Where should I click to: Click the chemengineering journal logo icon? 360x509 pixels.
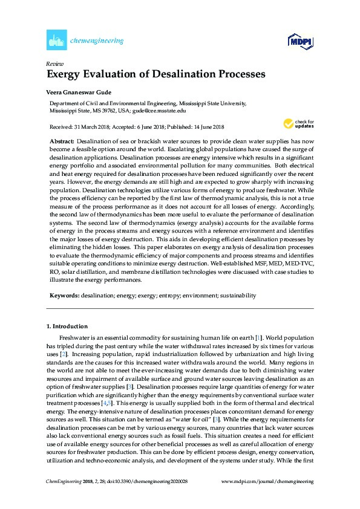point(56,41)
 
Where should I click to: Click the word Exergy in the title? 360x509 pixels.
point(66,75)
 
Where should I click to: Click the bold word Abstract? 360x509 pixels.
point(62,140)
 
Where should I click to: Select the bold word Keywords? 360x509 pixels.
point(64,296)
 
